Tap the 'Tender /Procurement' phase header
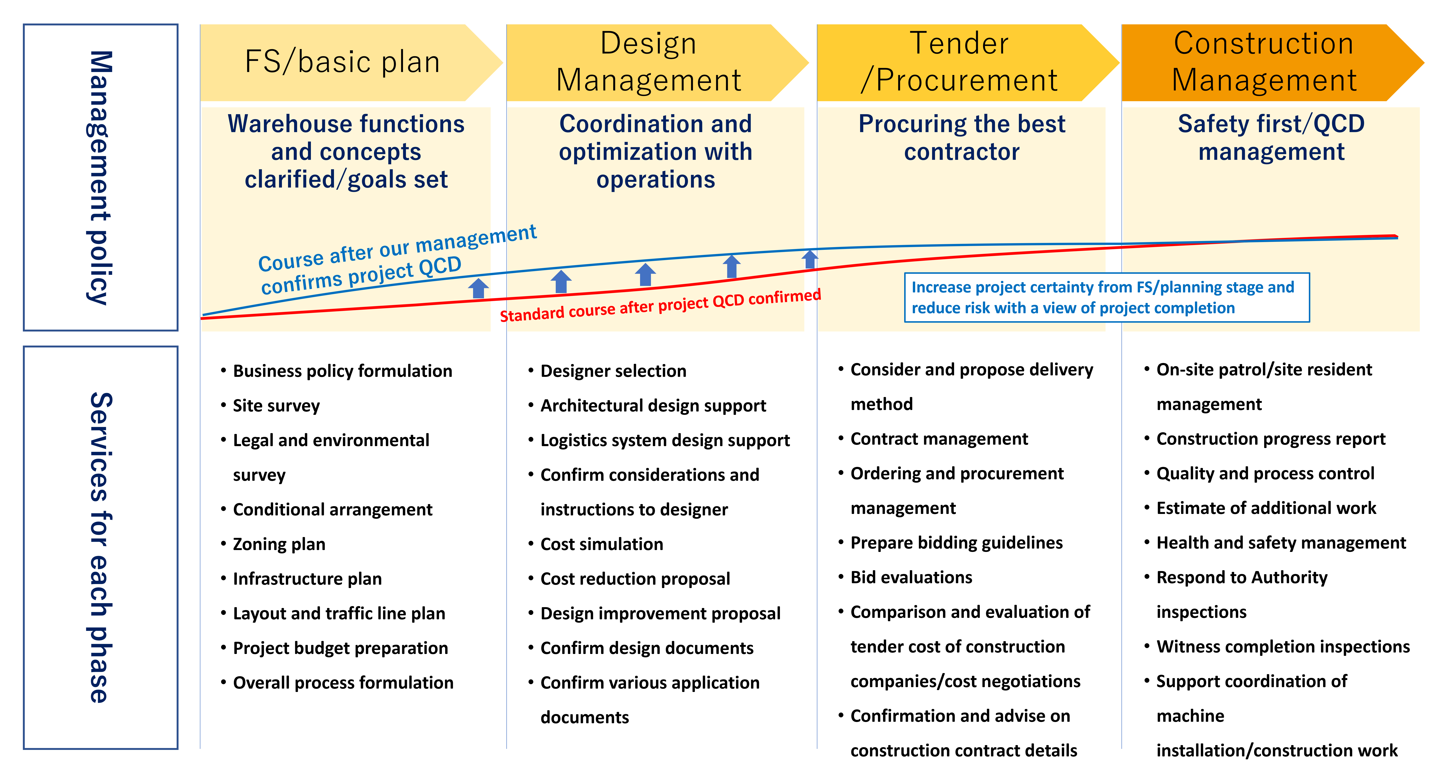959,62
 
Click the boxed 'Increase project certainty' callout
1106,297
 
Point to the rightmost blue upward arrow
809,259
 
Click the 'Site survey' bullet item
276,405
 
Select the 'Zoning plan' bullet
279,544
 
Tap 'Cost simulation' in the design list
601,544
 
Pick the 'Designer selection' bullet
613,371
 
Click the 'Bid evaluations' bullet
911,577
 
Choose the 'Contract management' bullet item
939,438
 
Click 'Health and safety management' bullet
1281,543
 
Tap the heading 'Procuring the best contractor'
961,138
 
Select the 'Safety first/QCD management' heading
1271,138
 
